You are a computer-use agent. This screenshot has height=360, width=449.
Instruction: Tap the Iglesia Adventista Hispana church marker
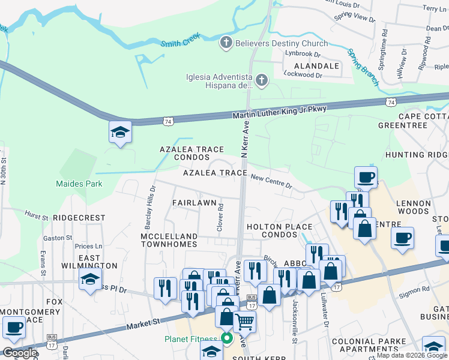pyautogui.click(x=261, y=80)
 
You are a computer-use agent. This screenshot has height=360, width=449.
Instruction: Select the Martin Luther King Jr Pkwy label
pyautogui.click(x=279, y=112)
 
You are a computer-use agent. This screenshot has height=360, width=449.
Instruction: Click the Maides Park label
pyautogui.click(x=79, y=184)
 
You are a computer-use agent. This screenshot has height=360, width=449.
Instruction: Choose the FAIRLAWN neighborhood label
pyautogui.click(x=194, y=203)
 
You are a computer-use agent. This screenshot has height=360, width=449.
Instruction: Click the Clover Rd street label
pyautogui.click(x=220, y=218)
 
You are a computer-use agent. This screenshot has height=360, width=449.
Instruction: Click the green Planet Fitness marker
pyautogui.click(x=228, y=338)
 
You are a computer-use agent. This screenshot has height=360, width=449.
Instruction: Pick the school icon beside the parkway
pyautogui.click(x=120, y=132)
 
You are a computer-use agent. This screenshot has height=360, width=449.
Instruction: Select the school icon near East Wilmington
pyautogui.click(x=90, y=279)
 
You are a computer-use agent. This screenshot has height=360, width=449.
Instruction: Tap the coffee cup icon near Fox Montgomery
pyautogui.click(x=14, y=327)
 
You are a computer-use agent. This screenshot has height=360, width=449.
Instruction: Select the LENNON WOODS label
pyautogui.click(x=413, y=208)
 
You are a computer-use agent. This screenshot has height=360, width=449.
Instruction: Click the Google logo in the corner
pyautogui.click(x=19, y=353)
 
